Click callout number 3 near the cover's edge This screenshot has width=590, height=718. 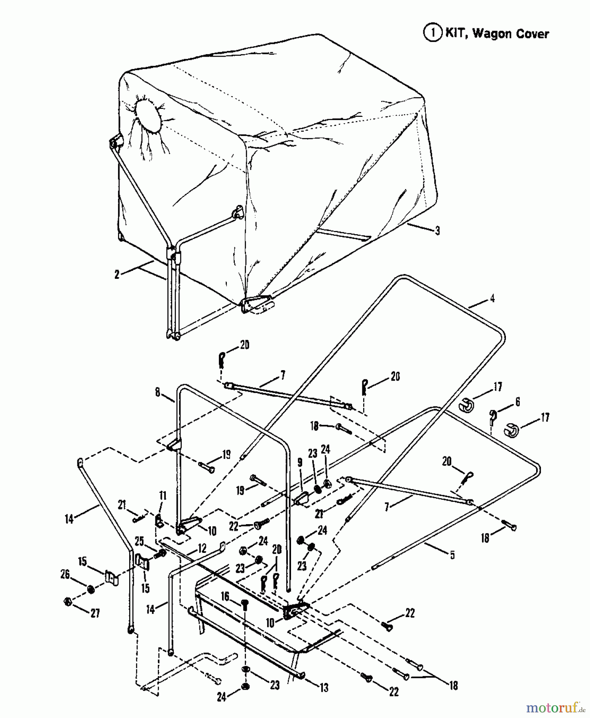pos(437,231)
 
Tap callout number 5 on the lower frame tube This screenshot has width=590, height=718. pos(452,555)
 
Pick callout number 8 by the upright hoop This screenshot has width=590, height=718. pos(158,393)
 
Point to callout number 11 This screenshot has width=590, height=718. pos(162,496)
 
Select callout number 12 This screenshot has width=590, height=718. pos(202,548)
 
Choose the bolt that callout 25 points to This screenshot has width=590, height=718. pos(162,553)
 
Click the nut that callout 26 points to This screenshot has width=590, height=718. pos(90,589)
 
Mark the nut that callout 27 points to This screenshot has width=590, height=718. pos(68,602)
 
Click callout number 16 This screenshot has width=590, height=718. pos(225,596)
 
